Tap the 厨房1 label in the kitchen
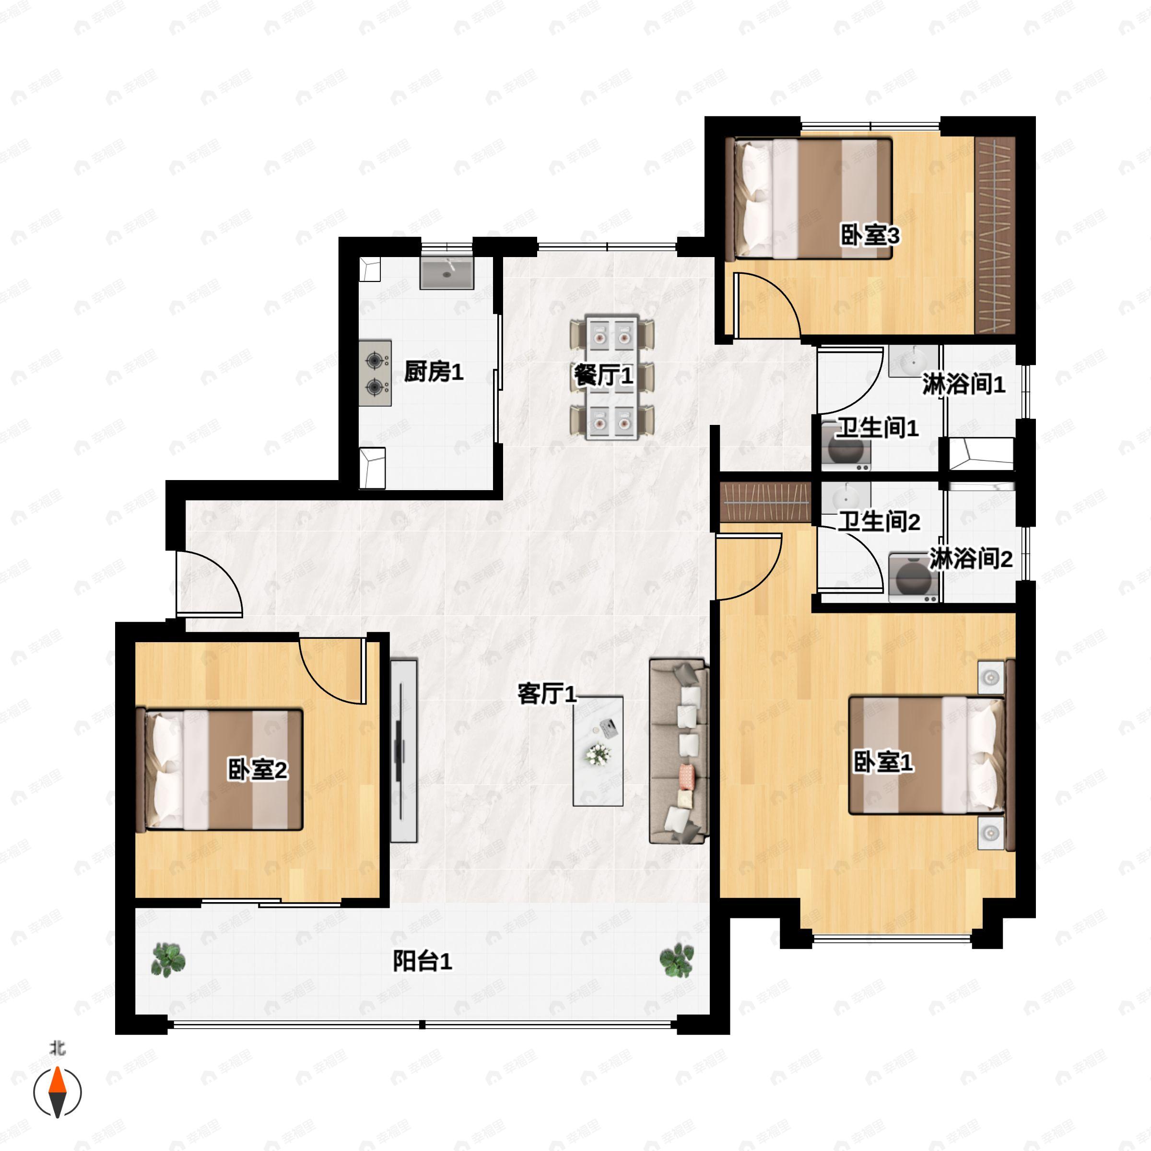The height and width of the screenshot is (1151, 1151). pyautogui.click(x=433, y=372)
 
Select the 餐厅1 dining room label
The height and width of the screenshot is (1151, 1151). pyautogui.click(x=603, y=376)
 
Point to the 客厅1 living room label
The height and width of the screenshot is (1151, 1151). pyautogui.click(x=547, y=693)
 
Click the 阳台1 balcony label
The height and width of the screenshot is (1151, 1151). pyautogui.click(x=422, y=960)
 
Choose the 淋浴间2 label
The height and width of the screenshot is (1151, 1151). pyautogui.click(x=971, y=559)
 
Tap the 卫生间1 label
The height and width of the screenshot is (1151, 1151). pyautogui.click(x=877, y=428)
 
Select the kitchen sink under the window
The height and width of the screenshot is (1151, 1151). pyautogui.click(x=447, y=273)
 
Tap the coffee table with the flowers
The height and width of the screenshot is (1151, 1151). pyautogui.click(x=598, y=751)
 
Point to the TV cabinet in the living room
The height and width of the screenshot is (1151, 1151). pyautogui.click(x=403, y=750)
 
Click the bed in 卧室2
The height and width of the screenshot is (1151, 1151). pyautogui.click(x=221, y=769)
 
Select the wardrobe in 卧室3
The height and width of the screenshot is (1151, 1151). pyautogui.click(x=995, y=235)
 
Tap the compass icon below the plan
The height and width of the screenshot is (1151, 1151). pyautogui.click(x=57, y=1092)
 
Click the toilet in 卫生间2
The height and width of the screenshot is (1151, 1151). pyautogui.click(x=913, y=578)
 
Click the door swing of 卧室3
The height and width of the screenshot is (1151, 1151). pyautogui.click(x=765, y=304)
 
